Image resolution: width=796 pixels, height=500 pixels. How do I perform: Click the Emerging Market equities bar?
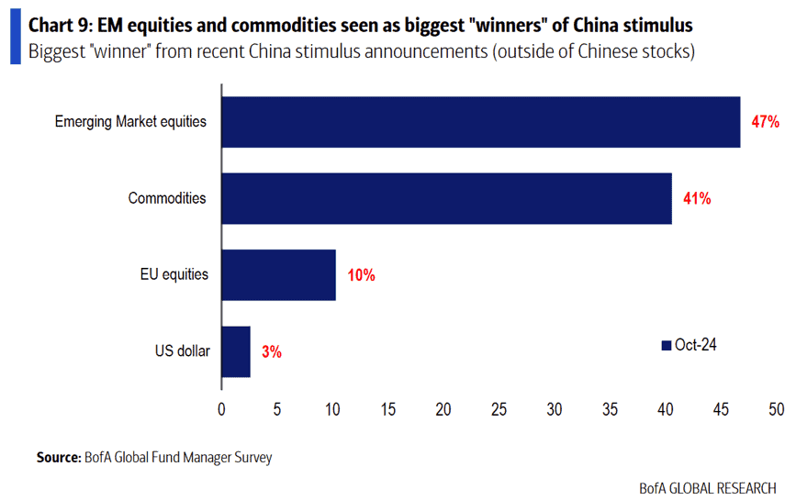point(481,122)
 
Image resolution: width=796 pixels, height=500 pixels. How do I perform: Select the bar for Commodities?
point(447,198)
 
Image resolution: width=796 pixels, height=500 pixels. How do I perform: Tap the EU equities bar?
point(279,275)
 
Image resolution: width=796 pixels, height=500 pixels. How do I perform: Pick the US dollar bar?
point(236,351)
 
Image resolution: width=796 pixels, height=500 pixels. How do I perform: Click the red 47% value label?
point(765,122)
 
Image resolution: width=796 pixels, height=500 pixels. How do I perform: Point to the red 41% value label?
point(697,198)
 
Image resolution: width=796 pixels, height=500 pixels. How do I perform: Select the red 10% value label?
point(361,275)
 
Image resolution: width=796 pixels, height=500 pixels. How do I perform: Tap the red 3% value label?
point(272,352)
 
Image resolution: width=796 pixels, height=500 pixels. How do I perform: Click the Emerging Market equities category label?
point(130,122)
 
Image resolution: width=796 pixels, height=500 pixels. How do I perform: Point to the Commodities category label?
point(167,198)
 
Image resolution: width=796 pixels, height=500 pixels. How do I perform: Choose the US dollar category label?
point(183,350)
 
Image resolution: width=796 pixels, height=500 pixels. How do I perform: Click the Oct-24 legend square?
point(666,345)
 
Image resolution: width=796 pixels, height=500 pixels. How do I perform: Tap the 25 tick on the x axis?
point(499,409)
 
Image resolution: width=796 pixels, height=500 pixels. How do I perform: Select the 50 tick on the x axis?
point(776,409)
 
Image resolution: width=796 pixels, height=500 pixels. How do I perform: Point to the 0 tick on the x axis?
point(221,409)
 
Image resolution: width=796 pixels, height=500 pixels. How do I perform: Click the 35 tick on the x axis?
point(610,409)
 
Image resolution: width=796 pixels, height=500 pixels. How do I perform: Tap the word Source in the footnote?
point(59,458)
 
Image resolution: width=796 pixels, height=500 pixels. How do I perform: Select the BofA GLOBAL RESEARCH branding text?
point(708,488)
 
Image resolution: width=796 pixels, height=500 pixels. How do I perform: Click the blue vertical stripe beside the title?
point(16,37)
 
